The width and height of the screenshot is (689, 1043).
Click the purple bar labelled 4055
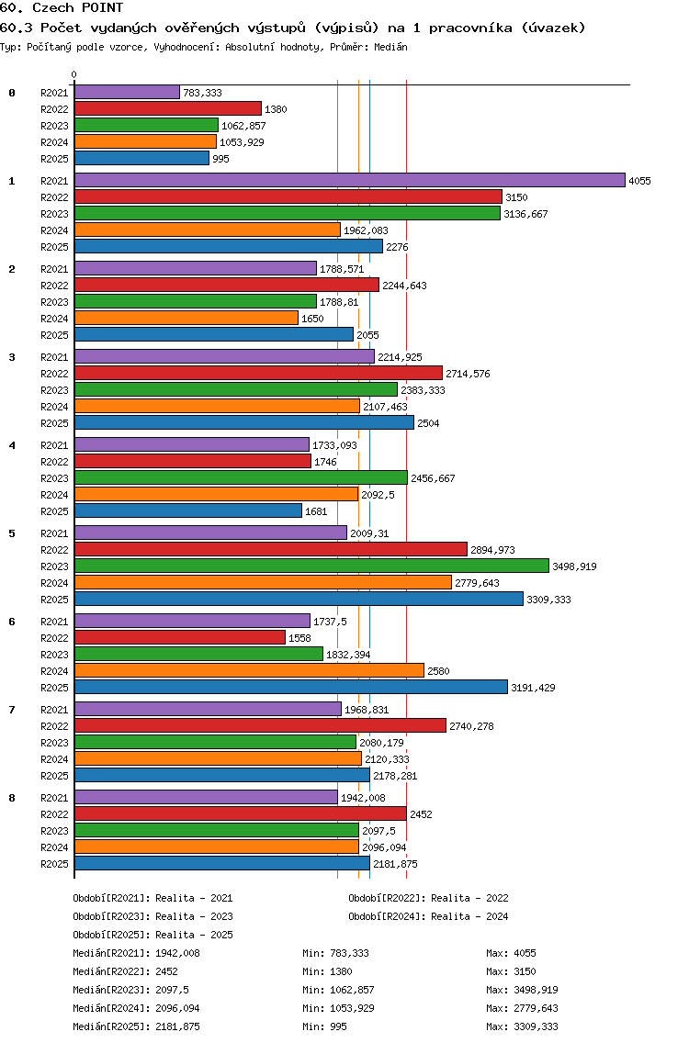pyautogui.click(x=350, y=180)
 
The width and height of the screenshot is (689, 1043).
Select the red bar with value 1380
pyautogui.click(x=168, y=108)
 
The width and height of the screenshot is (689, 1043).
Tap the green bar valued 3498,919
pyautogui.click(x=311, y=566)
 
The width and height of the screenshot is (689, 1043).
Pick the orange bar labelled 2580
pyautogui.click(x=249, y=670)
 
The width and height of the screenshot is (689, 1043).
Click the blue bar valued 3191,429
pyautogui.click(x=291, y=687)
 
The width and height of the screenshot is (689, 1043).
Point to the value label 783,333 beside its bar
pyautogui.click(x=202, y=93)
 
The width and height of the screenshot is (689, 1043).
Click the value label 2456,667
pyautogui.click(x=433, y=479)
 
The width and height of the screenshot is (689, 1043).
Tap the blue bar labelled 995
pyautogui.click(x=141, y=158)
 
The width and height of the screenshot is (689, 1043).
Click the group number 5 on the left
pyautogui.click(x=12, y=533)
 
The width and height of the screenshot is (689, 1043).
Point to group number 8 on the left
pyautogui.click(x=12, y=798)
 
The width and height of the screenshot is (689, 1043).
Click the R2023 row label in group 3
pyautogui.click(x=54, y=390)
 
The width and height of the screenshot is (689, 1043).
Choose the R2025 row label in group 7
pyautogui.click(x=54, y=776)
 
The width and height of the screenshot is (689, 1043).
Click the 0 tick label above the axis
pyautogui.click(x=73, y=75)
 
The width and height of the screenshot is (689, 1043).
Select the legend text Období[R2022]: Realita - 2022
pyautogui.click(x=428, y=898)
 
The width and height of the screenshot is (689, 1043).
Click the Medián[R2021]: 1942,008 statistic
pyautogui.click(x=136, y=953)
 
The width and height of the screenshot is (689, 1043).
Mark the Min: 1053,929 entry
pyautogui.click(x=338, y=1008)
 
